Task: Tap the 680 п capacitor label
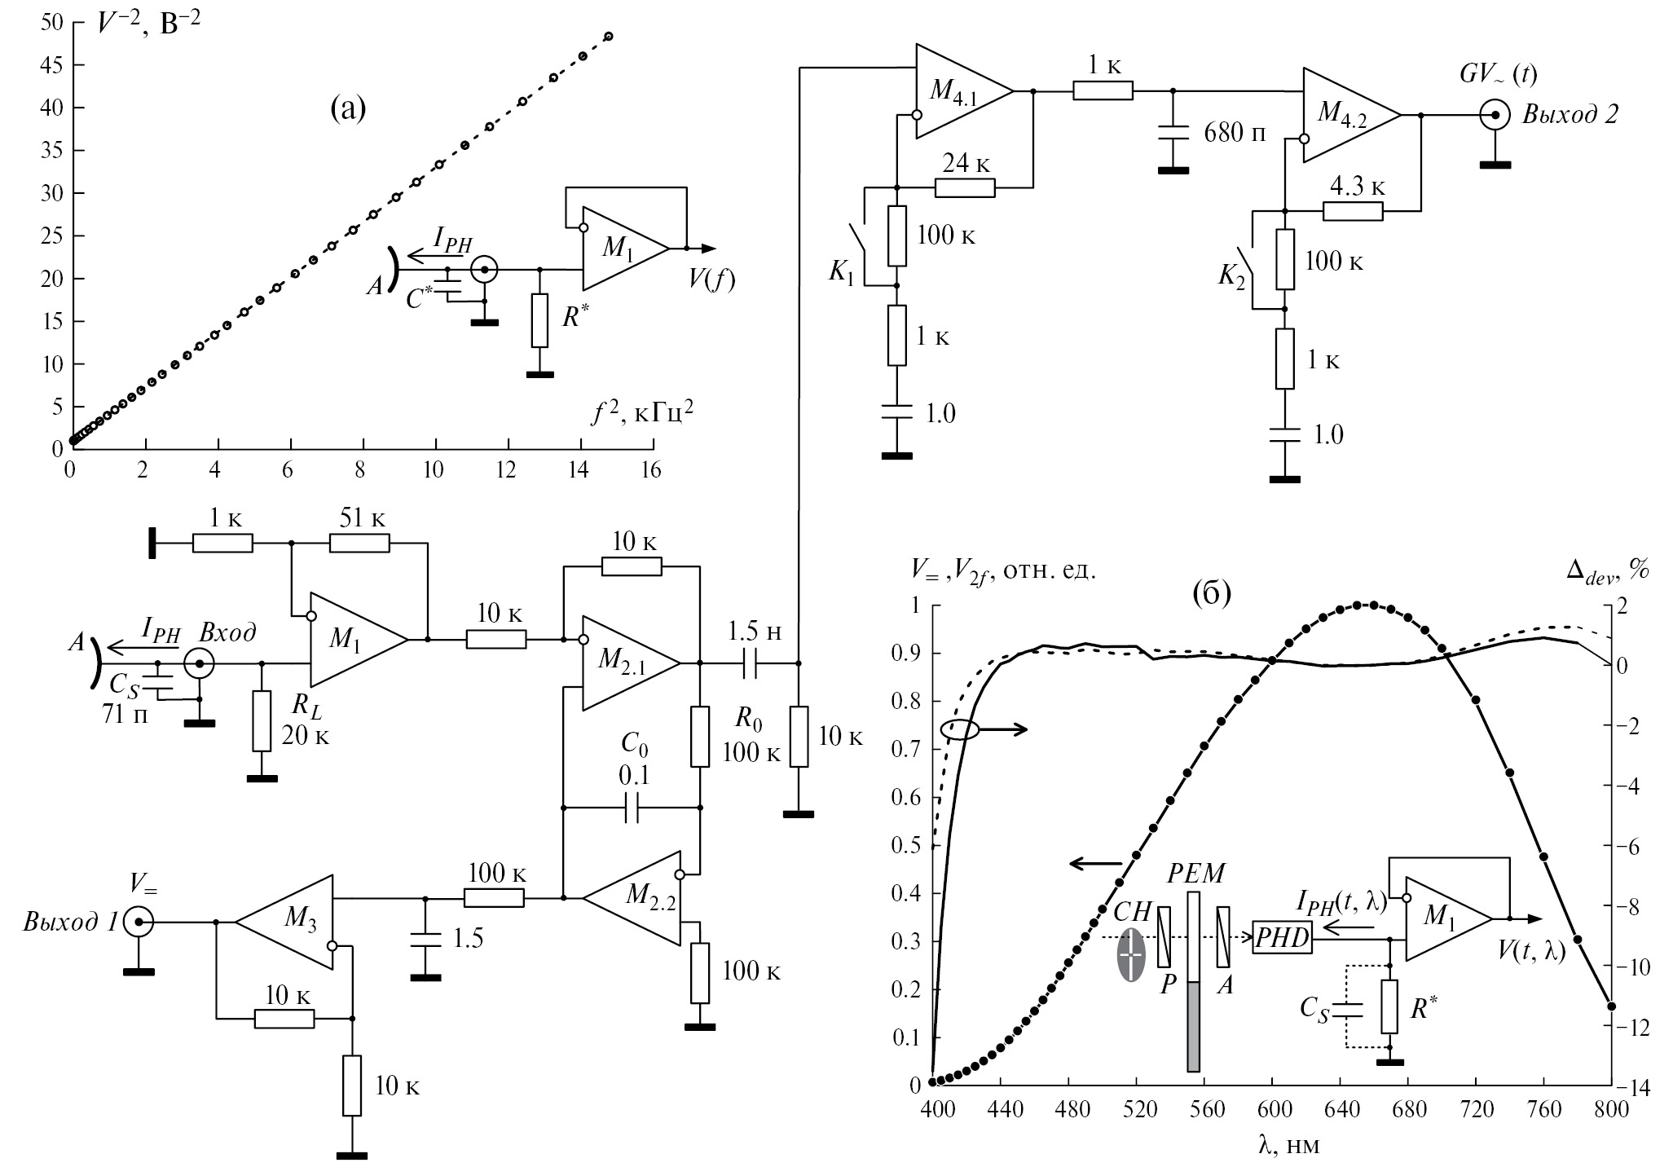[x=1235, y=132]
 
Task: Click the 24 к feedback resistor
[x=965, y=188]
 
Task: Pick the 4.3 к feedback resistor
[x=1353, y=212]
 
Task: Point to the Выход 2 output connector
[x=1495, y=116]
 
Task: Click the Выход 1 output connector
[x=139, y=923]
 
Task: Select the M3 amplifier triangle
[x=289, y=923]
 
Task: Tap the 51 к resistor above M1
[x=359, y=543]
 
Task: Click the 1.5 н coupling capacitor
[x=751, y=663]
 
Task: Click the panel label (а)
[x=349, y=107]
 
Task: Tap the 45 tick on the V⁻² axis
[x=51, y=65]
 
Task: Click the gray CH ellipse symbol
[x=1131, y=954]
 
